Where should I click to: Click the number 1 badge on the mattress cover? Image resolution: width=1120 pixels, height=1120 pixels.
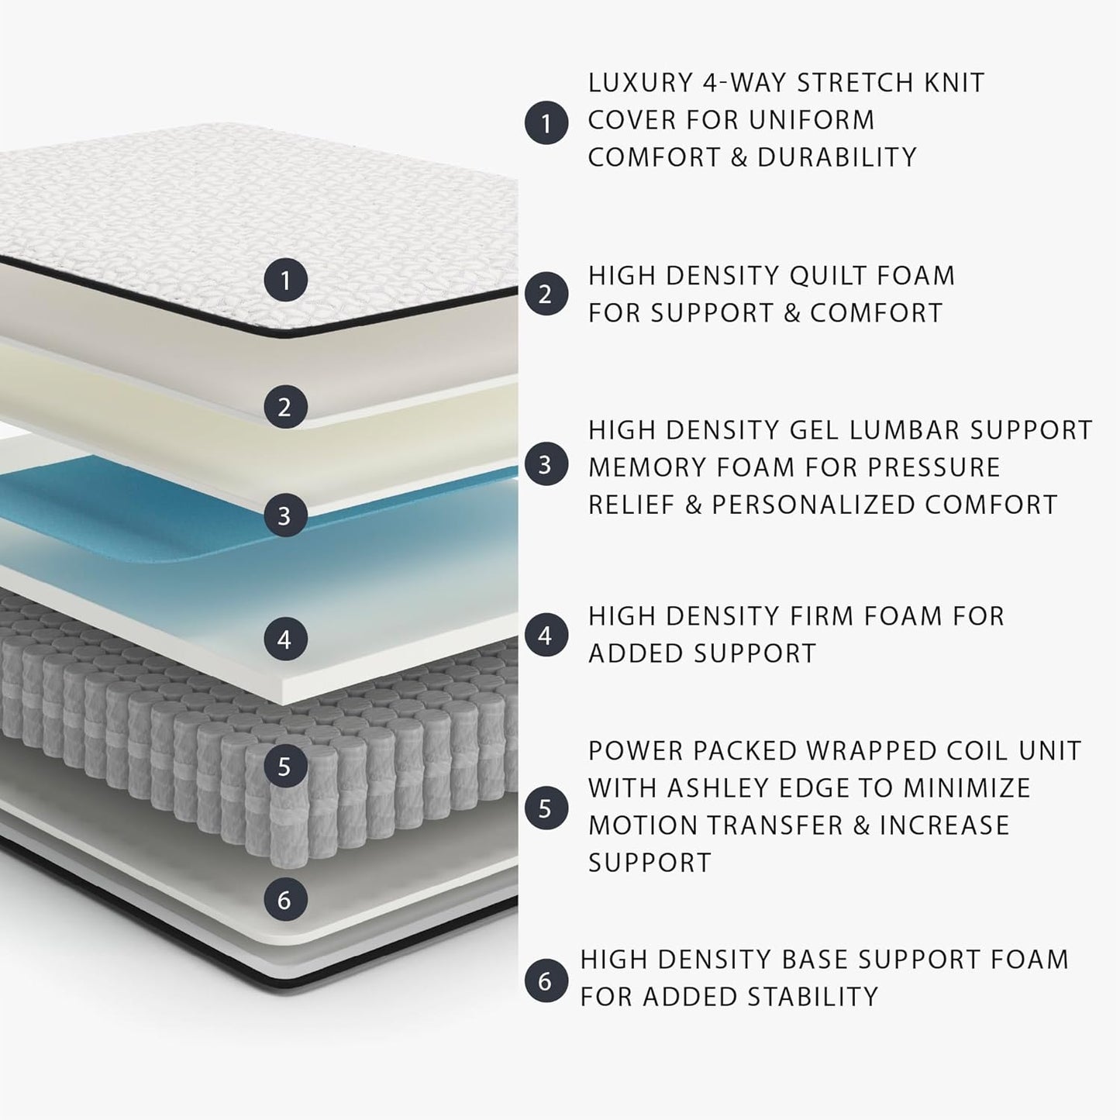coord(285,280)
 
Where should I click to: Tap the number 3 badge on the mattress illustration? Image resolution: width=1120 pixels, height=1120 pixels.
coord(284,515)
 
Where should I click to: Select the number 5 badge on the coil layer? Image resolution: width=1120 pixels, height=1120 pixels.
coord(284,767)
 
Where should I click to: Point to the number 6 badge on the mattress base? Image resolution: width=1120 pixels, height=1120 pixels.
coord(284,899)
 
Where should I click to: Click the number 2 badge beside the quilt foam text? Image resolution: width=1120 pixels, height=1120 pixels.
coord(546,295)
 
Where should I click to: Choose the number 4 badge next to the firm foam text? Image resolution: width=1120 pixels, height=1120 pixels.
coord(546,636)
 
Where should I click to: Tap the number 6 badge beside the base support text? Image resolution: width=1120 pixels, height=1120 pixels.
coord(546,980)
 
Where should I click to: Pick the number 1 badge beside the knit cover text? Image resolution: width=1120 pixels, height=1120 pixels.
coord(546,122)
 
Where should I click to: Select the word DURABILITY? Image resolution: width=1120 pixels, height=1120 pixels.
coord(837,157)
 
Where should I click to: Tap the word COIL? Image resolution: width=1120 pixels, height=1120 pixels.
coord(958,751)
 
